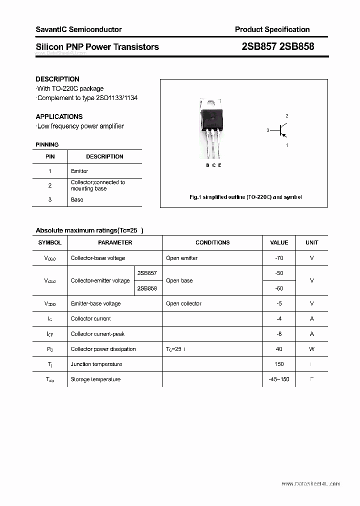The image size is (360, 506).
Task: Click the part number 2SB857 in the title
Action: [x=259, y=46]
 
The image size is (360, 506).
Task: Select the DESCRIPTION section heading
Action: [x=57, y=79]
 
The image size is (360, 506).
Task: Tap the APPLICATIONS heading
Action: [x=59, y=116]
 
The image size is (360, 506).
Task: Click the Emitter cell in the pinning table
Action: [x=79, y=171]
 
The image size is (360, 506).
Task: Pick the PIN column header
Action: [x=50, y=156]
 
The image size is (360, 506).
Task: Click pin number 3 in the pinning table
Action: [x=50, y=199]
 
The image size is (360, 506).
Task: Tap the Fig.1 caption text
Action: [x=245, y=197]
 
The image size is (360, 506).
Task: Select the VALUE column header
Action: [x=279, y=242]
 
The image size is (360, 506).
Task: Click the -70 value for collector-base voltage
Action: [x=279, y=258]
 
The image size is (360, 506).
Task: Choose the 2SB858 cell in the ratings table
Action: [x=147, y=288]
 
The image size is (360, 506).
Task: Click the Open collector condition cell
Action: [x=183, y=303]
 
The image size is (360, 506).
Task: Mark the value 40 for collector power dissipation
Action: [x=279, y=349]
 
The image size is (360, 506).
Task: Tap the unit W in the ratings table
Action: [x=311, y=349]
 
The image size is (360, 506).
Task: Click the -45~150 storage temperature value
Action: [x=279, y=379]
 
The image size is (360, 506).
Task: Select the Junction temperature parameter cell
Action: [x=96, y=364]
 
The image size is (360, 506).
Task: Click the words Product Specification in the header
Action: [x=272, y=29]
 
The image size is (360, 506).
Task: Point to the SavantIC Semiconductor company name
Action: [x=78, y=29]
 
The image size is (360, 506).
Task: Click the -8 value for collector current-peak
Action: [x=279, y=334]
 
